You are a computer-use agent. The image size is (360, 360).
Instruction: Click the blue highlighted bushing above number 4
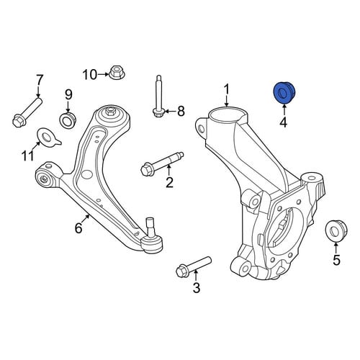tap(284, 93)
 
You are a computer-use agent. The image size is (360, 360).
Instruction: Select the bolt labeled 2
tap(162, 163)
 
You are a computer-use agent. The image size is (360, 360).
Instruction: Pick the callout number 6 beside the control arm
tap(78, 228)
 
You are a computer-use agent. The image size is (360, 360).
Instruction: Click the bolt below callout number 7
tap(27, 112)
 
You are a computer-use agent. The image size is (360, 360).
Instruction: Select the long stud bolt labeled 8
tap(159, 96)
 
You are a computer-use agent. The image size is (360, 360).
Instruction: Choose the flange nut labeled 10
tap(117, 72)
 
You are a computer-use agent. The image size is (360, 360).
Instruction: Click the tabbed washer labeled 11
tap(49, 138)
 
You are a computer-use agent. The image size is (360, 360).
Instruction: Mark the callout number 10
tap(90, 75)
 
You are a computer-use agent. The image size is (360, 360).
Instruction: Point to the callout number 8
tap(181, 112)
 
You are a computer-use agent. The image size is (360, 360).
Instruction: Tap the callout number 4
tap(284, 122)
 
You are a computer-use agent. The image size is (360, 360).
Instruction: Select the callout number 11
tap(28, 156)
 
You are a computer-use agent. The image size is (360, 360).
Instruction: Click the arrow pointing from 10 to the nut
tap(103, 75)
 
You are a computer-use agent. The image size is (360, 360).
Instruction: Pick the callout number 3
tap(197, 288)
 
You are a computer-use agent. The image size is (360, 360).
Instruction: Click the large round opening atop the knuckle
tap(227, 114)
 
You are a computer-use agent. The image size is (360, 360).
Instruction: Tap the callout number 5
tap(336, 259)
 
